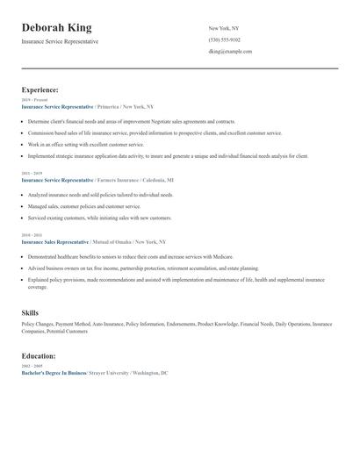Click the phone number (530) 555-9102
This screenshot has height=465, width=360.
click(x=224, y=39)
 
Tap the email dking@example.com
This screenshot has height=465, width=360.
click(x=230, y=51)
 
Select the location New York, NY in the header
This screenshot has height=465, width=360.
click(x=223, y=28)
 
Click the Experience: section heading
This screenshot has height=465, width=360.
click(x=40, y=89)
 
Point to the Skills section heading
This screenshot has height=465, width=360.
click(x=30, y=312)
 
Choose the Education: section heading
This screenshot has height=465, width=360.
click(x=39, y=356)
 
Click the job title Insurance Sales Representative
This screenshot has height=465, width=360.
click(x=54, y=241)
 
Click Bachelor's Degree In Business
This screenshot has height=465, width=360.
click(x=54, y=373)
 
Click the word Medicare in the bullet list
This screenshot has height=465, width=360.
click(x=222, y=255)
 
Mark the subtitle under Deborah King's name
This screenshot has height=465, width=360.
click(x=60, y=41)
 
